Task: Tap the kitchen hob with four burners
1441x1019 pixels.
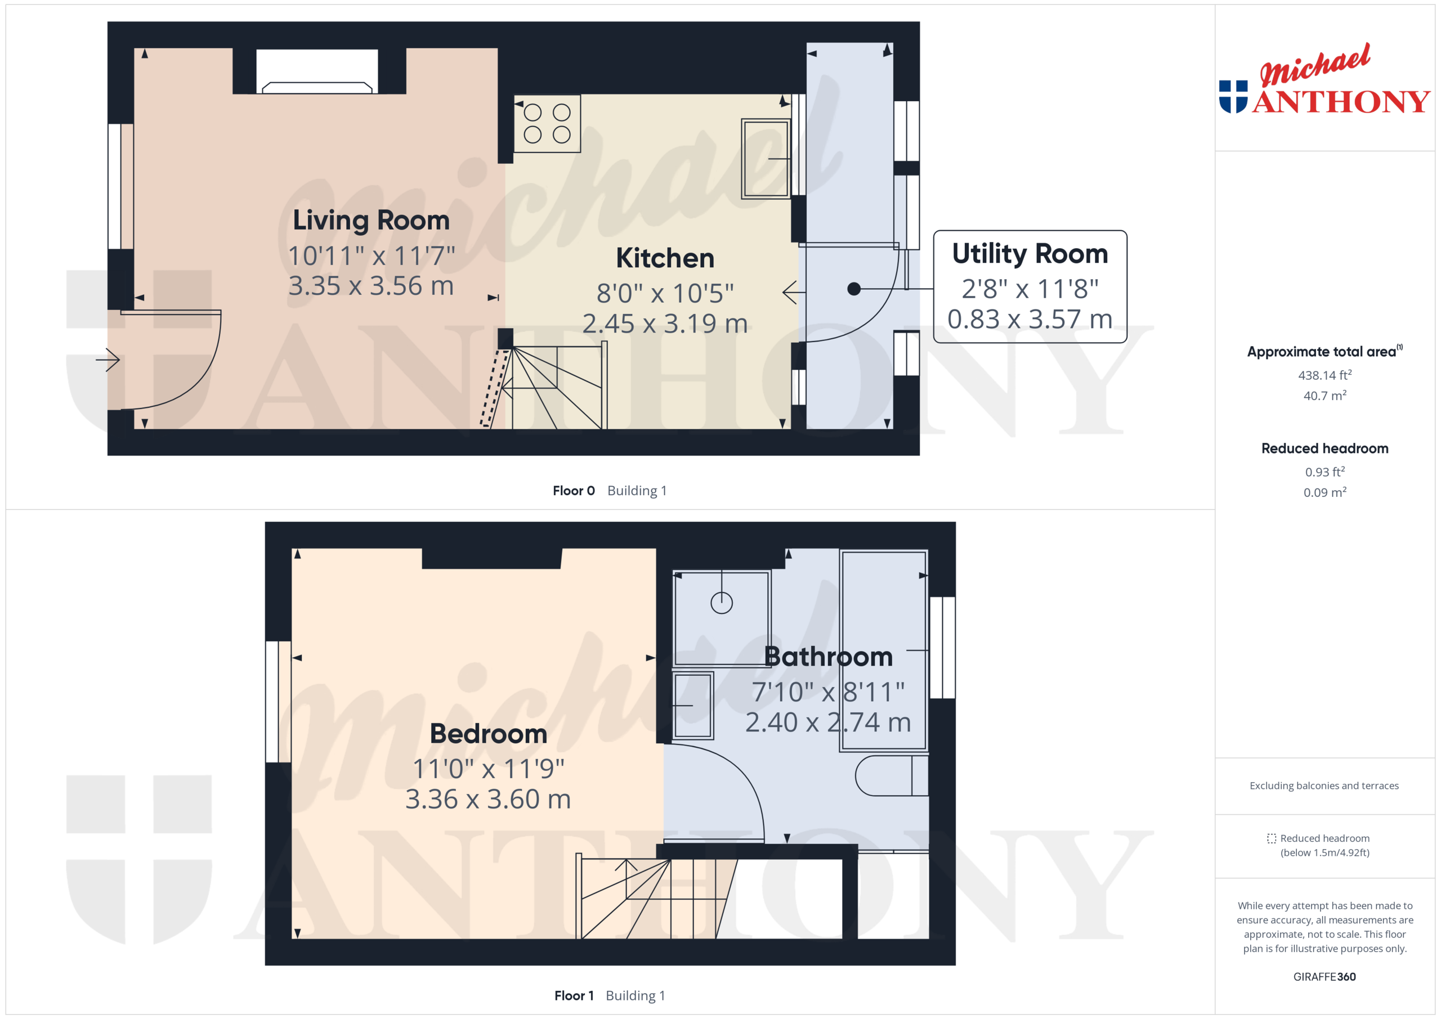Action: tap(547, 123)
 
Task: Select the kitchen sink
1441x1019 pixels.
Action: tap(765, 159)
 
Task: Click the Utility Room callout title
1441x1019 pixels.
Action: tap(1030, 254)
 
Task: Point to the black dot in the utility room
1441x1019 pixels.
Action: tap(853, 289)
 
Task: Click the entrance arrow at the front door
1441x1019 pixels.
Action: tap(108, 360)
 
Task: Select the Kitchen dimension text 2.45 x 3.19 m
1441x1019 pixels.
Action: tap(665, 324)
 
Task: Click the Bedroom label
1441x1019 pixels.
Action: tap(488, 734)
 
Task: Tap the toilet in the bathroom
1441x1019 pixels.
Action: tap(891, 775)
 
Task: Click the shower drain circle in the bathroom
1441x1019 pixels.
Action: tap(721, 603)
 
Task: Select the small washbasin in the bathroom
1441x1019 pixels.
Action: tap(693, 705)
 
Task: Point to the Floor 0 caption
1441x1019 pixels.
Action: tap(573, 491)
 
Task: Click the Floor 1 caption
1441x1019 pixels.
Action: tap(574, 995)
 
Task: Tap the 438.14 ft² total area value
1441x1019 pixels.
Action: tap(1324, 375)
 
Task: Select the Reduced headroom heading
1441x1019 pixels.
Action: tap(1324, 448)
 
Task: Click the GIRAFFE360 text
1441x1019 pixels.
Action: tap(1324, 976)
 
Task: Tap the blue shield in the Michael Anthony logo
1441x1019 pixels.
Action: tap(1233, 97)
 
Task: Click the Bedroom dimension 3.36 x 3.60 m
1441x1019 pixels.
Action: tap(488, 800)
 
